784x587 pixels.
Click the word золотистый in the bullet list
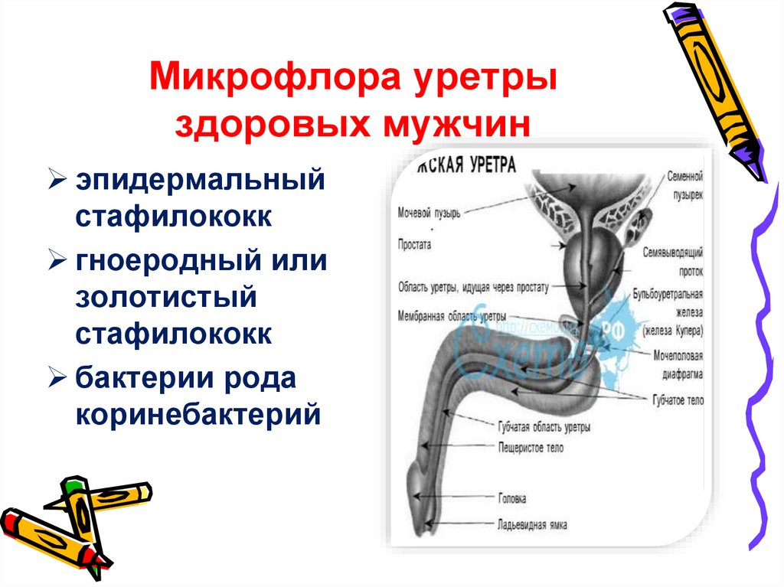point(165,297)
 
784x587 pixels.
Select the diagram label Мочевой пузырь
point(429,213)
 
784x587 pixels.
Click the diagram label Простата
point(414,246)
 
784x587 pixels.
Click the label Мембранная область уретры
point(452,315)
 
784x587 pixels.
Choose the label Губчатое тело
point(678,400)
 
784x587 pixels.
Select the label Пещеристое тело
point(530,448)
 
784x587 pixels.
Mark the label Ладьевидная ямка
point(531,525)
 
